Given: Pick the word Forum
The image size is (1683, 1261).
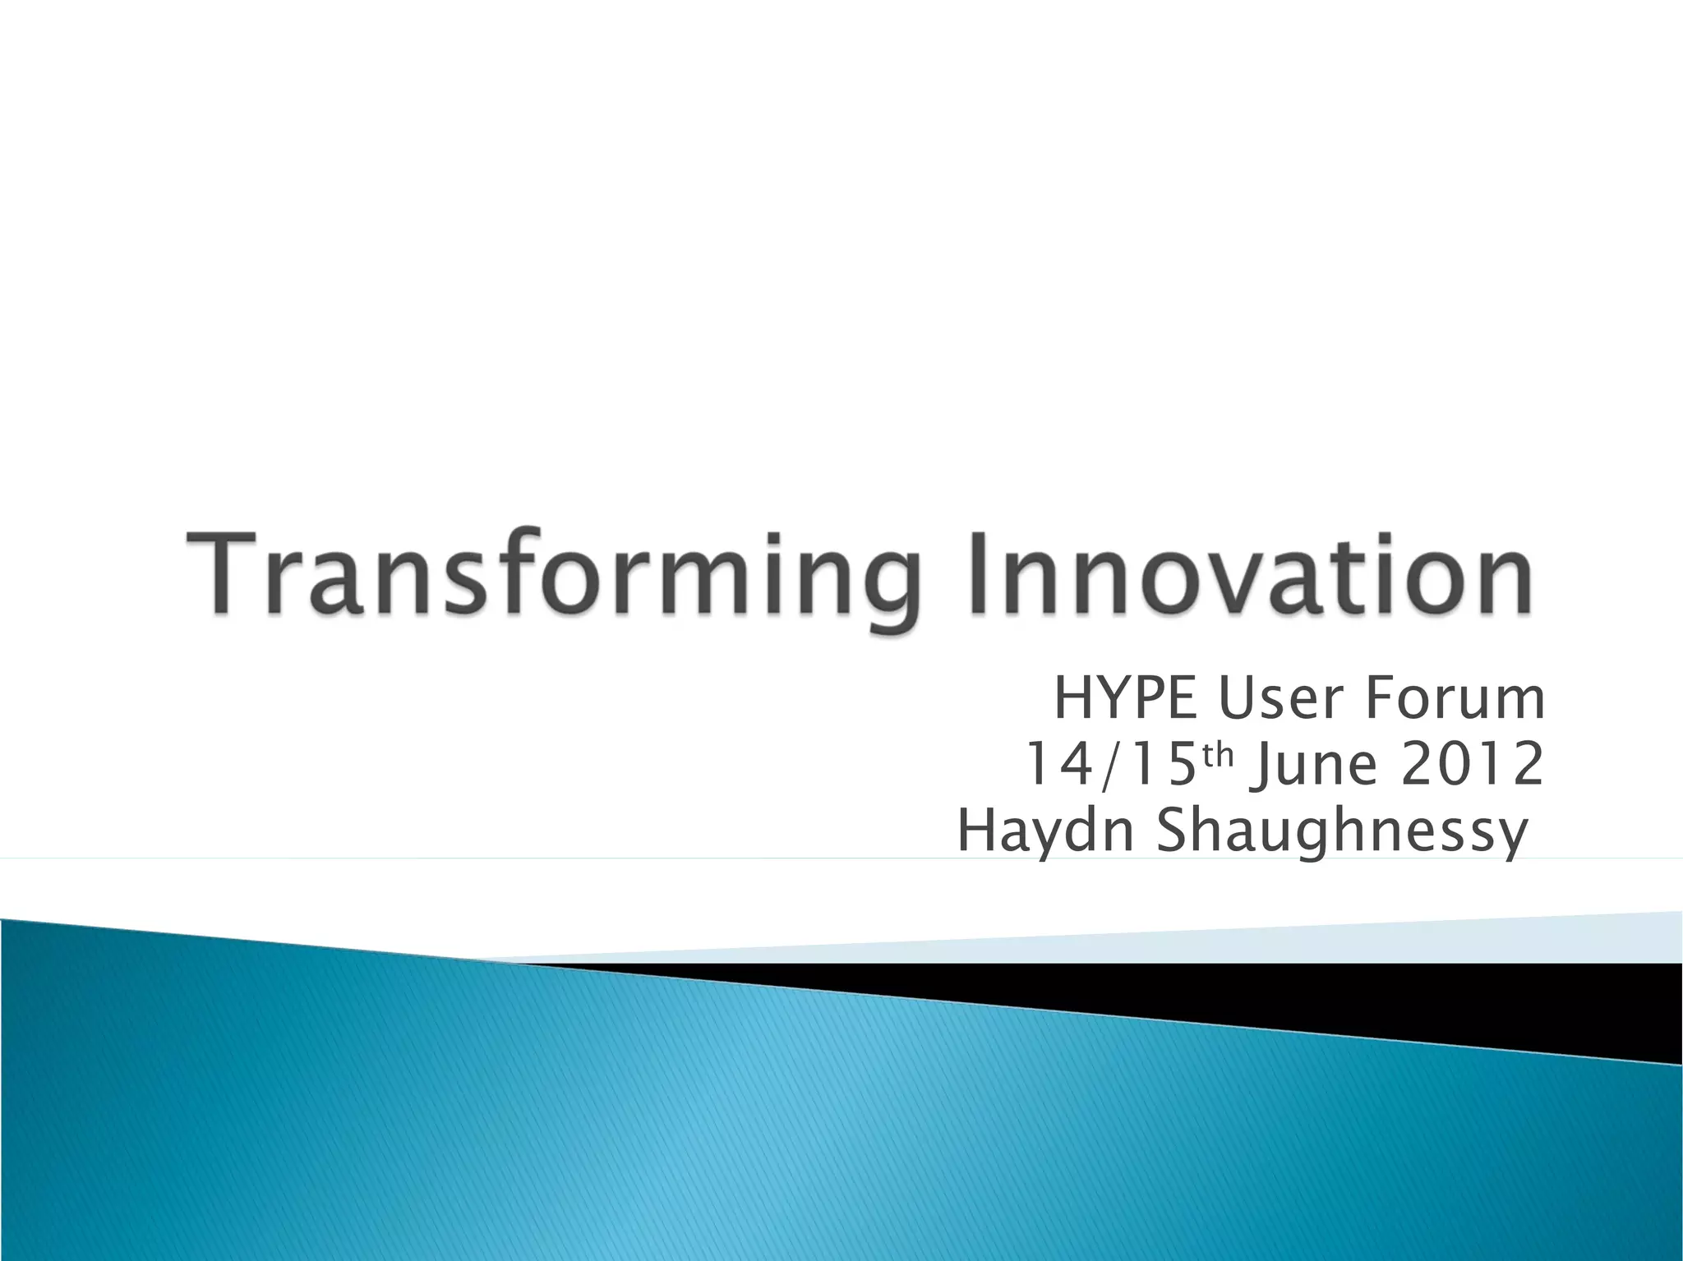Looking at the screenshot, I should tap(1455, 699).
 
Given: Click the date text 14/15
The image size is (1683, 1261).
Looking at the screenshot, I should tap(1109, 765).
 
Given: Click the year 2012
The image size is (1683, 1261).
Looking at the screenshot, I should tap(1471, 765).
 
